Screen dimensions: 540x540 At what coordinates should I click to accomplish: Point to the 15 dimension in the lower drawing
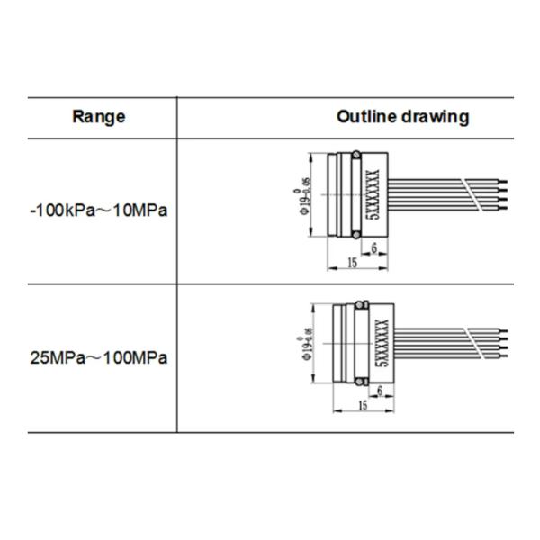point(363,405)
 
